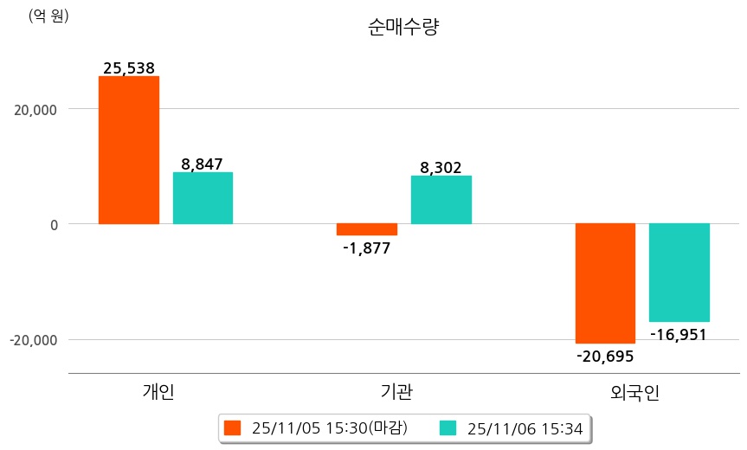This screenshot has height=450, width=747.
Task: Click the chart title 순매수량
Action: point(404,27)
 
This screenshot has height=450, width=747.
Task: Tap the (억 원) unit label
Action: point(48,16)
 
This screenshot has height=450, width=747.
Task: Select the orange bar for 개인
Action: point(128,150)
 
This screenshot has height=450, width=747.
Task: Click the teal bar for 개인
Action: point(203,198)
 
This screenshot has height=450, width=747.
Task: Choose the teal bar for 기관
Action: point(441,200)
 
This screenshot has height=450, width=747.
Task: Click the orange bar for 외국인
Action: point(605,283)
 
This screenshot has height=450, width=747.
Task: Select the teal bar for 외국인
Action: point(679,272)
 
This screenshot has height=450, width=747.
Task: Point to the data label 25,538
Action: point(128,67)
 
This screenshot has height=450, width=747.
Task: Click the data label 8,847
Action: point(203,164)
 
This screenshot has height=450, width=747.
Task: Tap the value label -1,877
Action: point(367,248)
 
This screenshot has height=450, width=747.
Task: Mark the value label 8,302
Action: point(441,167)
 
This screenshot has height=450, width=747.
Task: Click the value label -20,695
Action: point(605,356)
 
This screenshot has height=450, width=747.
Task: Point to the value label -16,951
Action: point(678,334)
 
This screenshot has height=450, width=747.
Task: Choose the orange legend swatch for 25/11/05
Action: point(232,427)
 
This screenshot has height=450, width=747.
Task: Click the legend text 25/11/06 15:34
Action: point(525,427)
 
